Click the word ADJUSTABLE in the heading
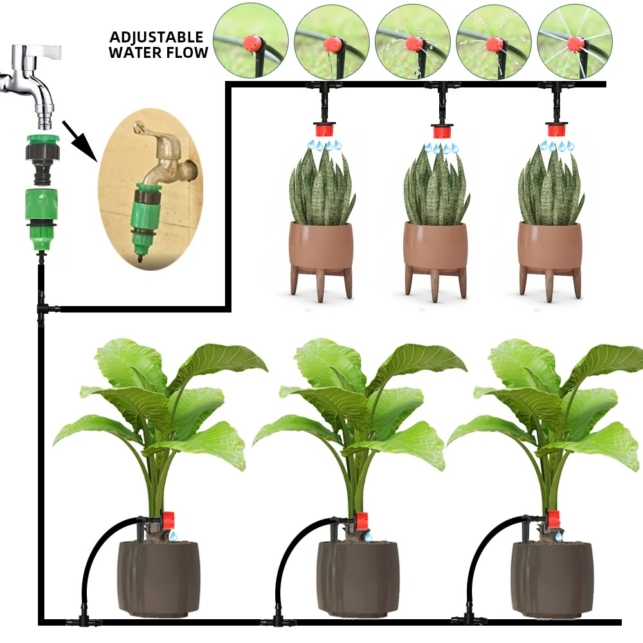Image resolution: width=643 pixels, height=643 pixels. point(156,37)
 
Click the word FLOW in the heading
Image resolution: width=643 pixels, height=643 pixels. point(190,53)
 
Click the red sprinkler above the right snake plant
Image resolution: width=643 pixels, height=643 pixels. point(557,131)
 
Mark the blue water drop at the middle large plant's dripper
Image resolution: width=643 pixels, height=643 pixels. point(368,535)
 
